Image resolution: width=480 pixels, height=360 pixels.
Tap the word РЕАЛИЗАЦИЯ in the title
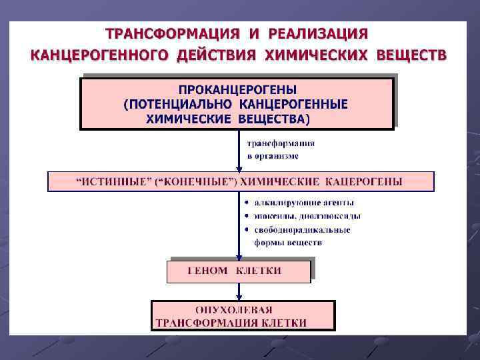click(318, 33)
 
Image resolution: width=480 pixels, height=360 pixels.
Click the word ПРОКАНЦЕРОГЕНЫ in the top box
click(237, 89)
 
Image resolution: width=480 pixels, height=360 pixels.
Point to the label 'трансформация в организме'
click(281, 149)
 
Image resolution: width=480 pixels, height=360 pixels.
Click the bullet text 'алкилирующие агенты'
click(304, 202)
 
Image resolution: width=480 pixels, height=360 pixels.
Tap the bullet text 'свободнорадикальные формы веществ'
click(301, 236)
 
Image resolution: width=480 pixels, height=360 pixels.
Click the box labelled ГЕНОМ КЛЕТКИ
click(239, 271)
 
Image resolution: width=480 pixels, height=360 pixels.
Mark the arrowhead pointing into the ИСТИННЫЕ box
click(239, 168)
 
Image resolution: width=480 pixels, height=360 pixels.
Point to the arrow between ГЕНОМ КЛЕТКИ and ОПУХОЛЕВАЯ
click(239, 291)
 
